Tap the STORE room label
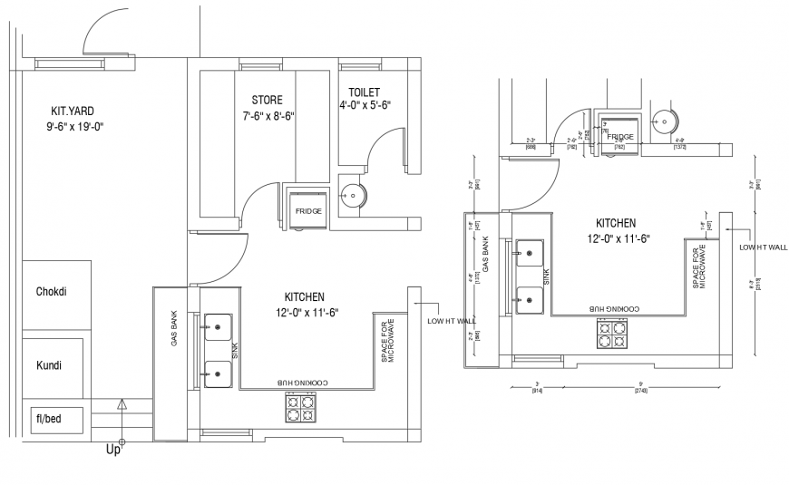point(268,100)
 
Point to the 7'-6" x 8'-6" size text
point(268,116)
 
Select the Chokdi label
point(52,292)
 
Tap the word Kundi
point(49,366)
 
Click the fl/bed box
point(53,419)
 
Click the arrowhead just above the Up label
point(122,404)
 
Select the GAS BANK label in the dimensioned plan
point(486,257)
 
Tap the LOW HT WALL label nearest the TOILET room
point(452,320)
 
